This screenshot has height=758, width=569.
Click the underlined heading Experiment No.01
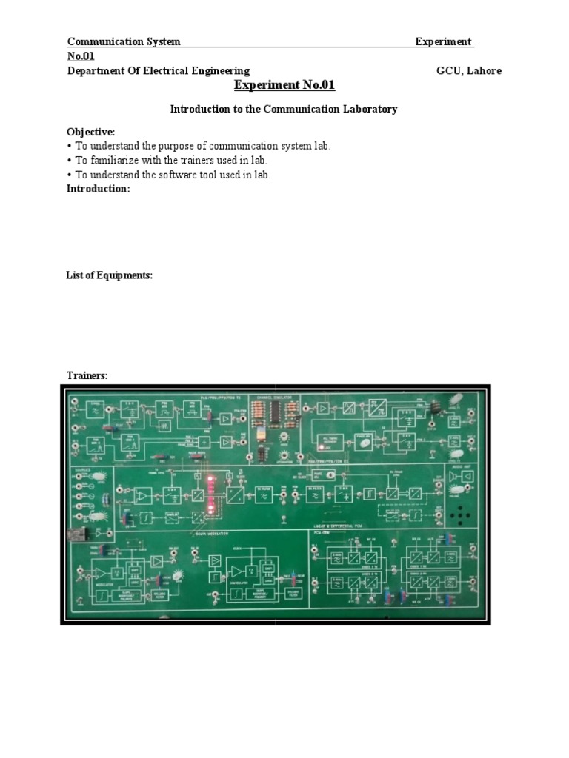[284, 86]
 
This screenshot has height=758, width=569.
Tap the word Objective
[91, 132]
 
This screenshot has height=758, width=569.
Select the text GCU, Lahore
[469, 71]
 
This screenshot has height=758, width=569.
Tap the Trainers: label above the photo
[87, 376]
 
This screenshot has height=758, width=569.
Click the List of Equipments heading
[110, 275]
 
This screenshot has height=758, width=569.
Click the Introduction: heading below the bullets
[99, 189]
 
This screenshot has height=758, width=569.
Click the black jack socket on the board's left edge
[76, 532]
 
